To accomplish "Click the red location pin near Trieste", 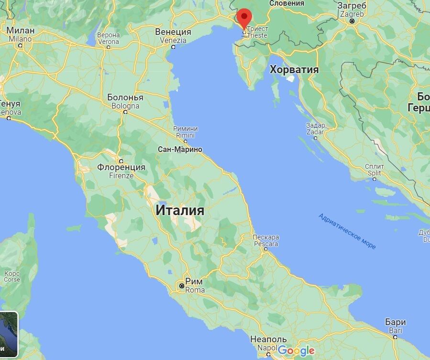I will pos(245,18).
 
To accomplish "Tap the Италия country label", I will pos(180,210).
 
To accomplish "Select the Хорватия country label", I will pos(294,70).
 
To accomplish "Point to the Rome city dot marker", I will pos(182,286).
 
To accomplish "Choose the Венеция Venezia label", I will pos(173,36).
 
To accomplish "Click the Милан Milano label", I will pos(20,34).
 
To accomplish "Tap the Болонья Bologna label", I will pos(125,101).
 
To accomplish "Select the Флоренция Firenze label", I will pos(121,171).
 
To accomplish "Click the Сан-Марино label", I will pos(180,150).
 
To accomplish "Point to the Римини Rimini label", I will pos(186,132).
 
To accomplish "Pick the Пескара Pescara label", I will pos(266,240).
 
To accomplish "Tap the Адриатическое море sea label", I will pos(347,231).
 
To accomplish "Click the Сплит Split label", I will pos(374,170).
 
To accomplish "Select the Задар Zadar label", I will pos(315,128).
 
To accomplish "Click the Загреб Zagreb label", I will pos(352,10).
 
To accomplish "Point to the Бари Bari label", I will pos(396,326).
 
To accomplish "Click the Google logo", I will pos(296,350).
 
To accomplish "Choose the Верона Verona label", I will pos(108,38).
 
